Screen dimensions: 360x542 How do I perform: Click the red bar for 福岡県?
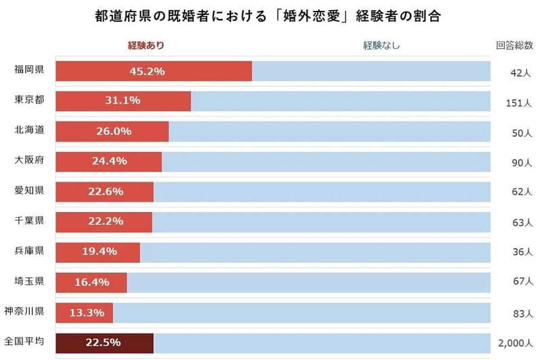tap(154, 71)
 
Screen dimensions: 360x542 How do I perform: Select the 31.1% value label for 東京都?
tap(123, 101)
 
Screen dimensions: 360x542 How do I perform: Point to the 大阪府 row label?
tap(29, 160)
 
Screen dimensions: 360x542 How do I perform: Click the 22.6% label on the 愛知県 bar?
tap(106, 191)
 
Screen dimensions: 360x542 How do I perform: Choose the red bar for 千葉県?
tap(104, 222)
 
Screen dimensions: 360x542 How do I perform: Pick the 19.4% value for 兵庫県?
tap(100, 252)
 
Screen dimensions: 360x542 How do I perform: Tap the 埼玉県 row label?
tap(29, 280)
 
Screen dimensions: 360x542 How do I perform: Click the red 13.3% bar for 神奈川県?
tap(85, 313)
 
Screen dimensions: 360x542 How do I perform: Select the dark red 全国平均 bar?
tap(105, 342)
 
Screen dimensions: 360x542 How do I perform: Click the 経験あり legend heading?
tap(146, 45)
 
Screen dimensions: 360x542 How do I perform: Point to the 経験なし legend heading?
tap(381, 45)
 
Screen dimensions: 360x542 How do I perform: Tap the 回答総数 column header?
tap(514, 45)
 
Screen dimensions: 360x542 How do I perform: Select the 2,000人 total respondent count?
tap(518, 343)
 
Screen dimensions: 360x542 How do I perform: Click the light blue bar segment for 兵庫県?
tap(315, 252)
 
